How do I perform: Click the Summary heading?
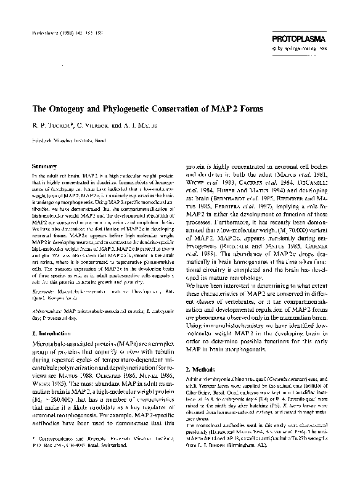click(44, 166)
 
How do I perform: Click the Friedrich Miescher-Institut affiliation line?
click(71, 140)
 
